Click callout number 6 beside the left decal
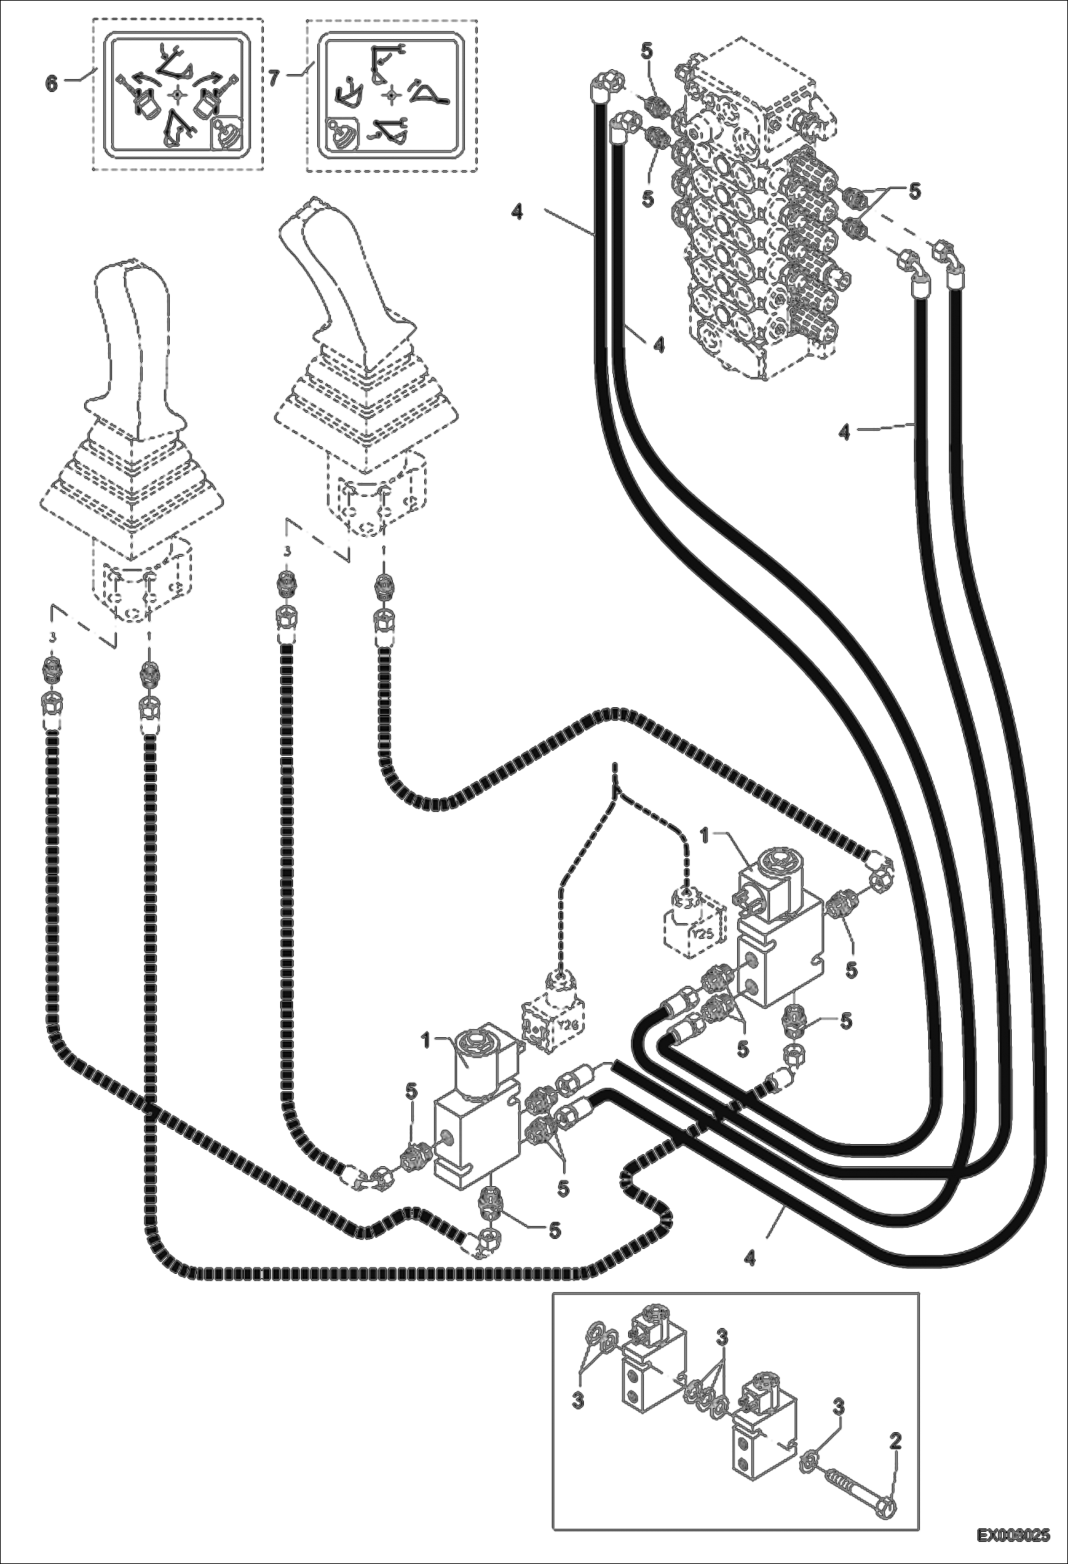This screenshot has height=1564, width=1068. click(x=51, y=83)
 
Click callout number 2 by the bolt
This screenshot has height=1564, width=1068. click(x=895, y=1436)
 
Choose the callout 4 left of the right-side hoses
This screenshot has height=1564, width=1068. click(x=844, y=432)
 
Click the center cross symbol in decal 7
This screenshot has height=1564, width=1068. click(x=390, y=94)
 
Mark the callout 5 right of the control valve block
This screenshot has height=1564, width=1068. click(x=913, y=191)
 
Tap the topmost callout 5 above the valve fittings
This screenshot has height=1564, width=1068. click(x=646, y=51)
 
